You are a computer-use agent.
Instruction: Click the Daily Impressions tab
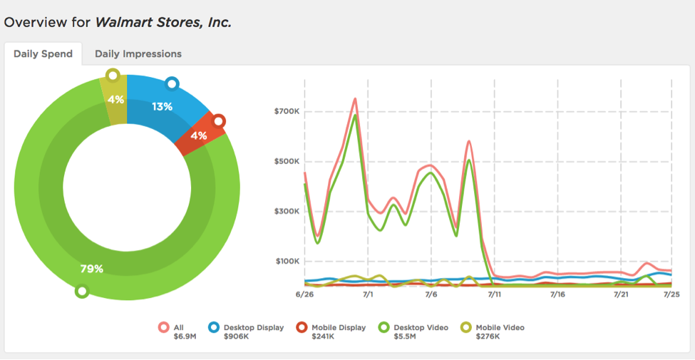[x=138, y=54]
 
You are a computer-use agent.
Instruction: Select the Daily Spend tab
[x=43, y=54]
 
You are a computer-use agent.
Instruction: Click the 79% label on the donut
[x=92, y=269]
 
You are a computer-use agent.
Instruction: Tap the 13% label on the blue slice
[x=162, y=107]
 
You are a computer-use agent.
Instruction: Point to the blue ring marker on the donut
[x=171, y=84]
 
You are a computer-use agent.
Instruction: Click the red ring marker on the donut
[x=218, y=121]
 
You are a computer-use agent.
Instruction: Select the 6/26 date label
[x=304, y=294]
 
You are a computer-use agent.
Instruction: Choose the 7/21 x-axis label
[x=621, y=294]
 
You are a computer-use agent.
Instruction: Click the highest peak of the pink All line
[x=355, y=99]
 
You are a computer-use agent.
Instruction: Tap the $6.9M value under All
[x=185, y=336]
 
